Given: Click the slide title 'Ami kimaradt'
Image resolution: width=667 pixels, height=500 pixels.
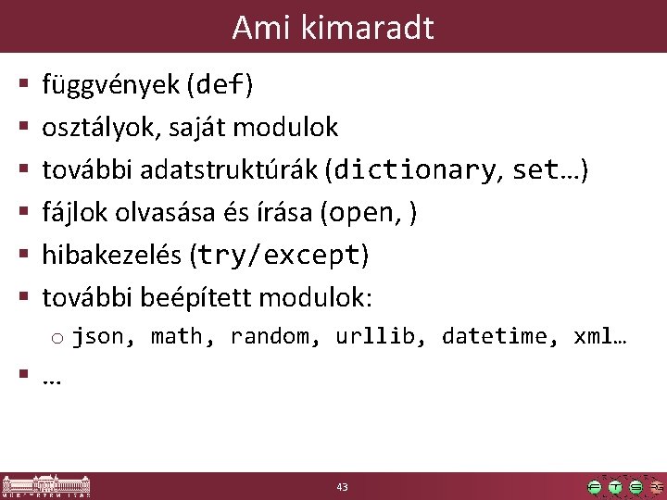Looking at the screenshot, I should click(333, 28).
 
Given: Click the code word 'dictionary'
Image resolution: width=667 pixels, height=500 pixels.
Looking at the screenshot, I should click(413, 170).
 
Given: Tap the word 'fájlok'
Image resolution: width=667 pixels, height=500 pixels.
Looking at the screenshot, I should click(75, 213).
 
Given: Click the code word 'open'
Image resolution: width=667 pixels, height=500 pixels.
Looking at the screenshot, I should click(362, 213).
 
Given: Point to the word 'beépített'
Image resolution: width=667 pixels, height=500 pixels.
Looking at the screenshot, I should click(195, 298).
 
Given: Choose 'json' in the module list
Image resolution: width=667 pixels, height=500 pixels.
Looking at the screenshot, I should click(98, 336).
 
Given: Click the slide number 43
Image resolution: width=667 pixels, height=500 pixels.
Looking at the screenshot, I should click(343, 486).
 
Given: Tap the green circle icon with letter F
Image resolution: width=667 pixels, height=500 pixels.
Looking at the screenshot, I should click(595, 487).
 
